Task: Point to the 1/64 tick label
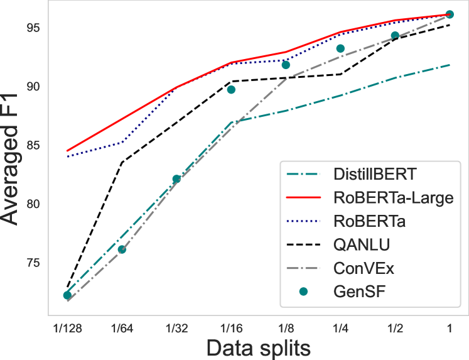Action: (x=122, y=327)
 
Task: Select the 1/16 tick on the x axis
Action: (x=231, y=327)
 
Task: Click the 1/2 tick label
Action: (x=395, y=327)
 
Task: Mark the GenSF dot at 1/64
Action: (x=122, y=249)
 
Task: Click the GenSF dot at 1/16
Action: (x=231, y=89)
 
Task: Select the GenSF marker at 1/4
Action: (x=340, y=48)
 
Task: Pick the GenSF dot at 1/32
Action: (x=176, y=179)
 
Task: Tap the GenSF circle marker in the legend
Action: (x=304, y=292)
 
